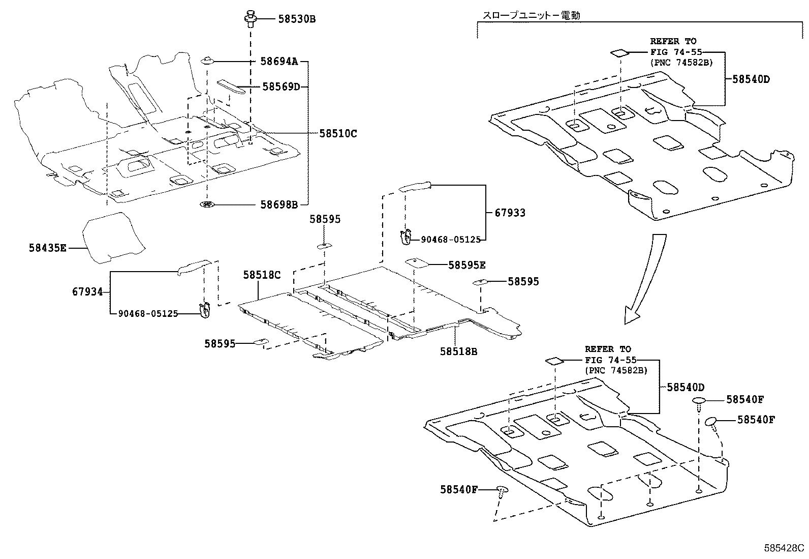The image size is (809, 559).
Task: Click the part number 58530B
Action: coord(297,19)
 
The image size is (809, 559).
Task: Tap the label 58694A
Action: coord(279,62)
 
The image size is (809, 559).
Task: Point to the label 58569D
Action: coord(281,86)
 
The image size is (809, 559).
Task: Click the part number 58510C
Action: coord(338,134)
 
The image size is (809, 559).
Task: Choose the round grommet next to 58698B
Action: coord(206,205)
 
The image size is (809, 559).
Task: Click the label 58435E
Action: coord(47,248)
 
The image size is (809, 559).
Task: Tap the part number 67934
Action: coord(87,292)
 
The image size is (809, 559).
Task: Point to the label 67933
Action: coord(510,213)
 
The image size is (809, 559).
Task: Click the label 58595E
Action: coord(466,265)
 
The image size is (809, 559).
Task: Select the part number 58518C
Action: coord(262,275)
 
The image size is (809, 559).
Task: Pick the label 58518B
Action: coord(458,351)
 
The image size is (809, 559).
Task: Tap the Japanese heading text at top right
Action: coord(531,15)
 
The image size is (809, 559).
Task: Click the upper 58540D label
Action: coord(751,79)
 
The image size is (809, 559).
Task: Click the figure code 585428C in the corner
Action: coord(785,549)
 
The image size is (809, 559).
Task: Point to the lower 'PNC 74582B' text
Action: coord(616,370)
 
